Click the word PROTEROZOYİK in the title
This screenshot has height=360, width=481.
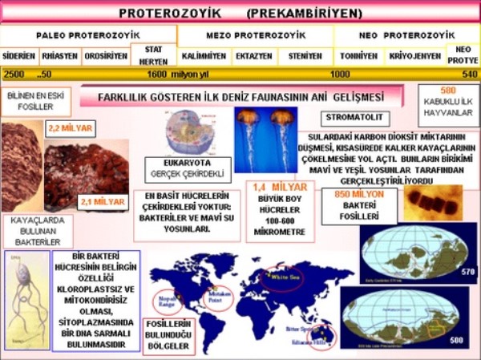point(168,14)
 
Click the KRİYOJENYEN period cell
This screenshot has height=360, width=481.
point(414,57)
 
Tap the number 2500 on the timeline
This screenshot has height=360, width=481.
point(14,75)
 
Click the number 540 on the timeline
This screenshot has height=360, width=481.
point(470,75)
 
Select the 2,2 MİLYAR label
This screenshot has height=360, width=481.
point(71,127)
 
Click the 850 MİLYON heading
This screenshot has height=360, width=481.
point(359,194)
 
